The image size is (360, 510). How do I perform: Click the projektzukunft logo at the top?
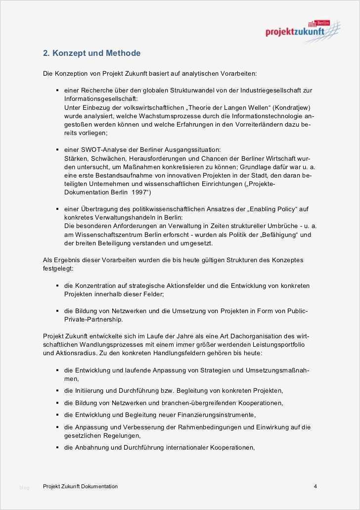pos(302,30)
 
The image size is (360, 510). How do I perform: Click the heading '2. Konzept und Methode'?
pos(91,53)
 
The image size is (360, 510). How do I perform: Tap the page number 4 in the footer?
pos(315,486)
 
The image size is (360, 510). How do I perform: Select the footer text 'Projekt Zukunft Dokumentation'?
pos(80,486)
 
